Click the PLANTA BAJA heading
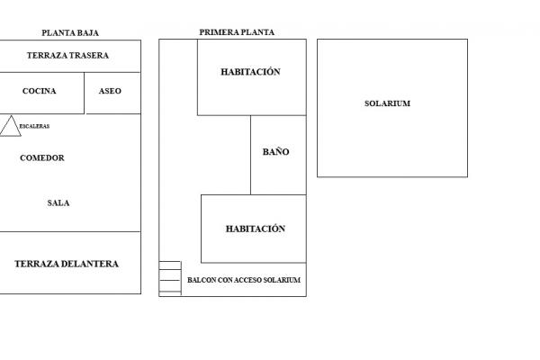coord(70,33)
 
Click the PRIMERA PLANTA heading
coord(237,32)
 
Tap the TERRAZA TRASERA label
coord(67,56)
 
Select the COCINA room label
coord(40,91)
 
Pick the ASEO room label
coord(110,91)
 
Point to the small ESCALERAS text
coord(34,126)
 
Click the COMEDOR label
coord(42,158)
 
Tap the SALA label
coord(58,202)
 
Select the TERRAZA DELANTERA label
coord(67,264)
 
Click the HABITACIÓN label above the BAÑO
coord(250,72)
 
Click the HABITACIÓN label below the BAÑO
coord(256,229)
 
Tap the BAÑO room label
coord(275,152)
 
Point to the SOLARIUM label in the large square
coord(387,103)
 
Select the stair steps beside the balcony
coord(170,278)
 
